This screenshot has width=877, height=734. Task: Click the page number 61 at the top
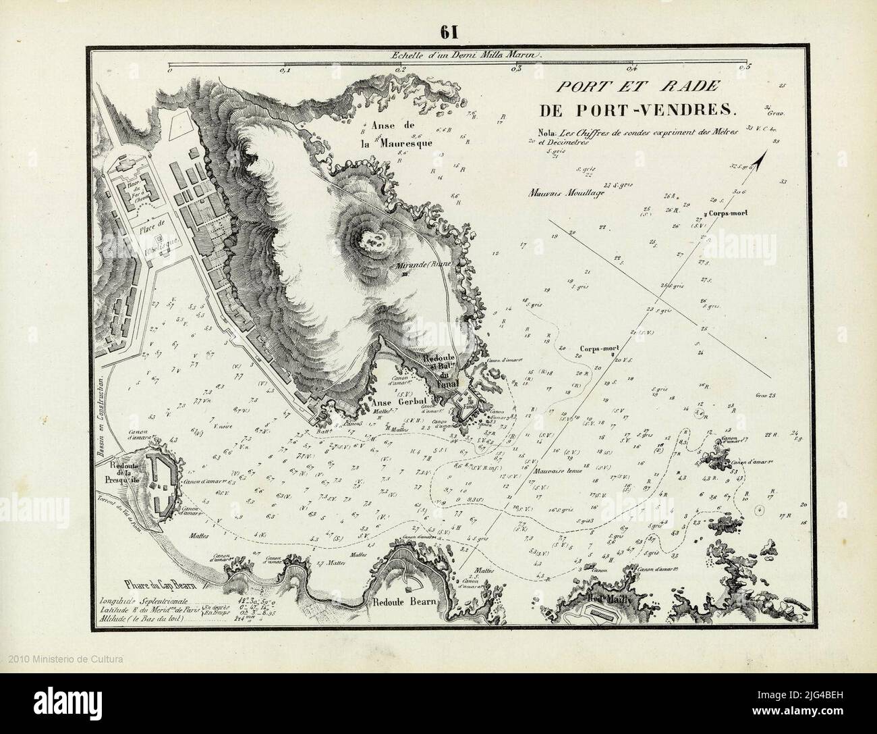tap(449, 32)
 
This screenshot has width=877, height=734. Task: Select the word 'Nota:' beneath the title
tap(540, 131)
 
